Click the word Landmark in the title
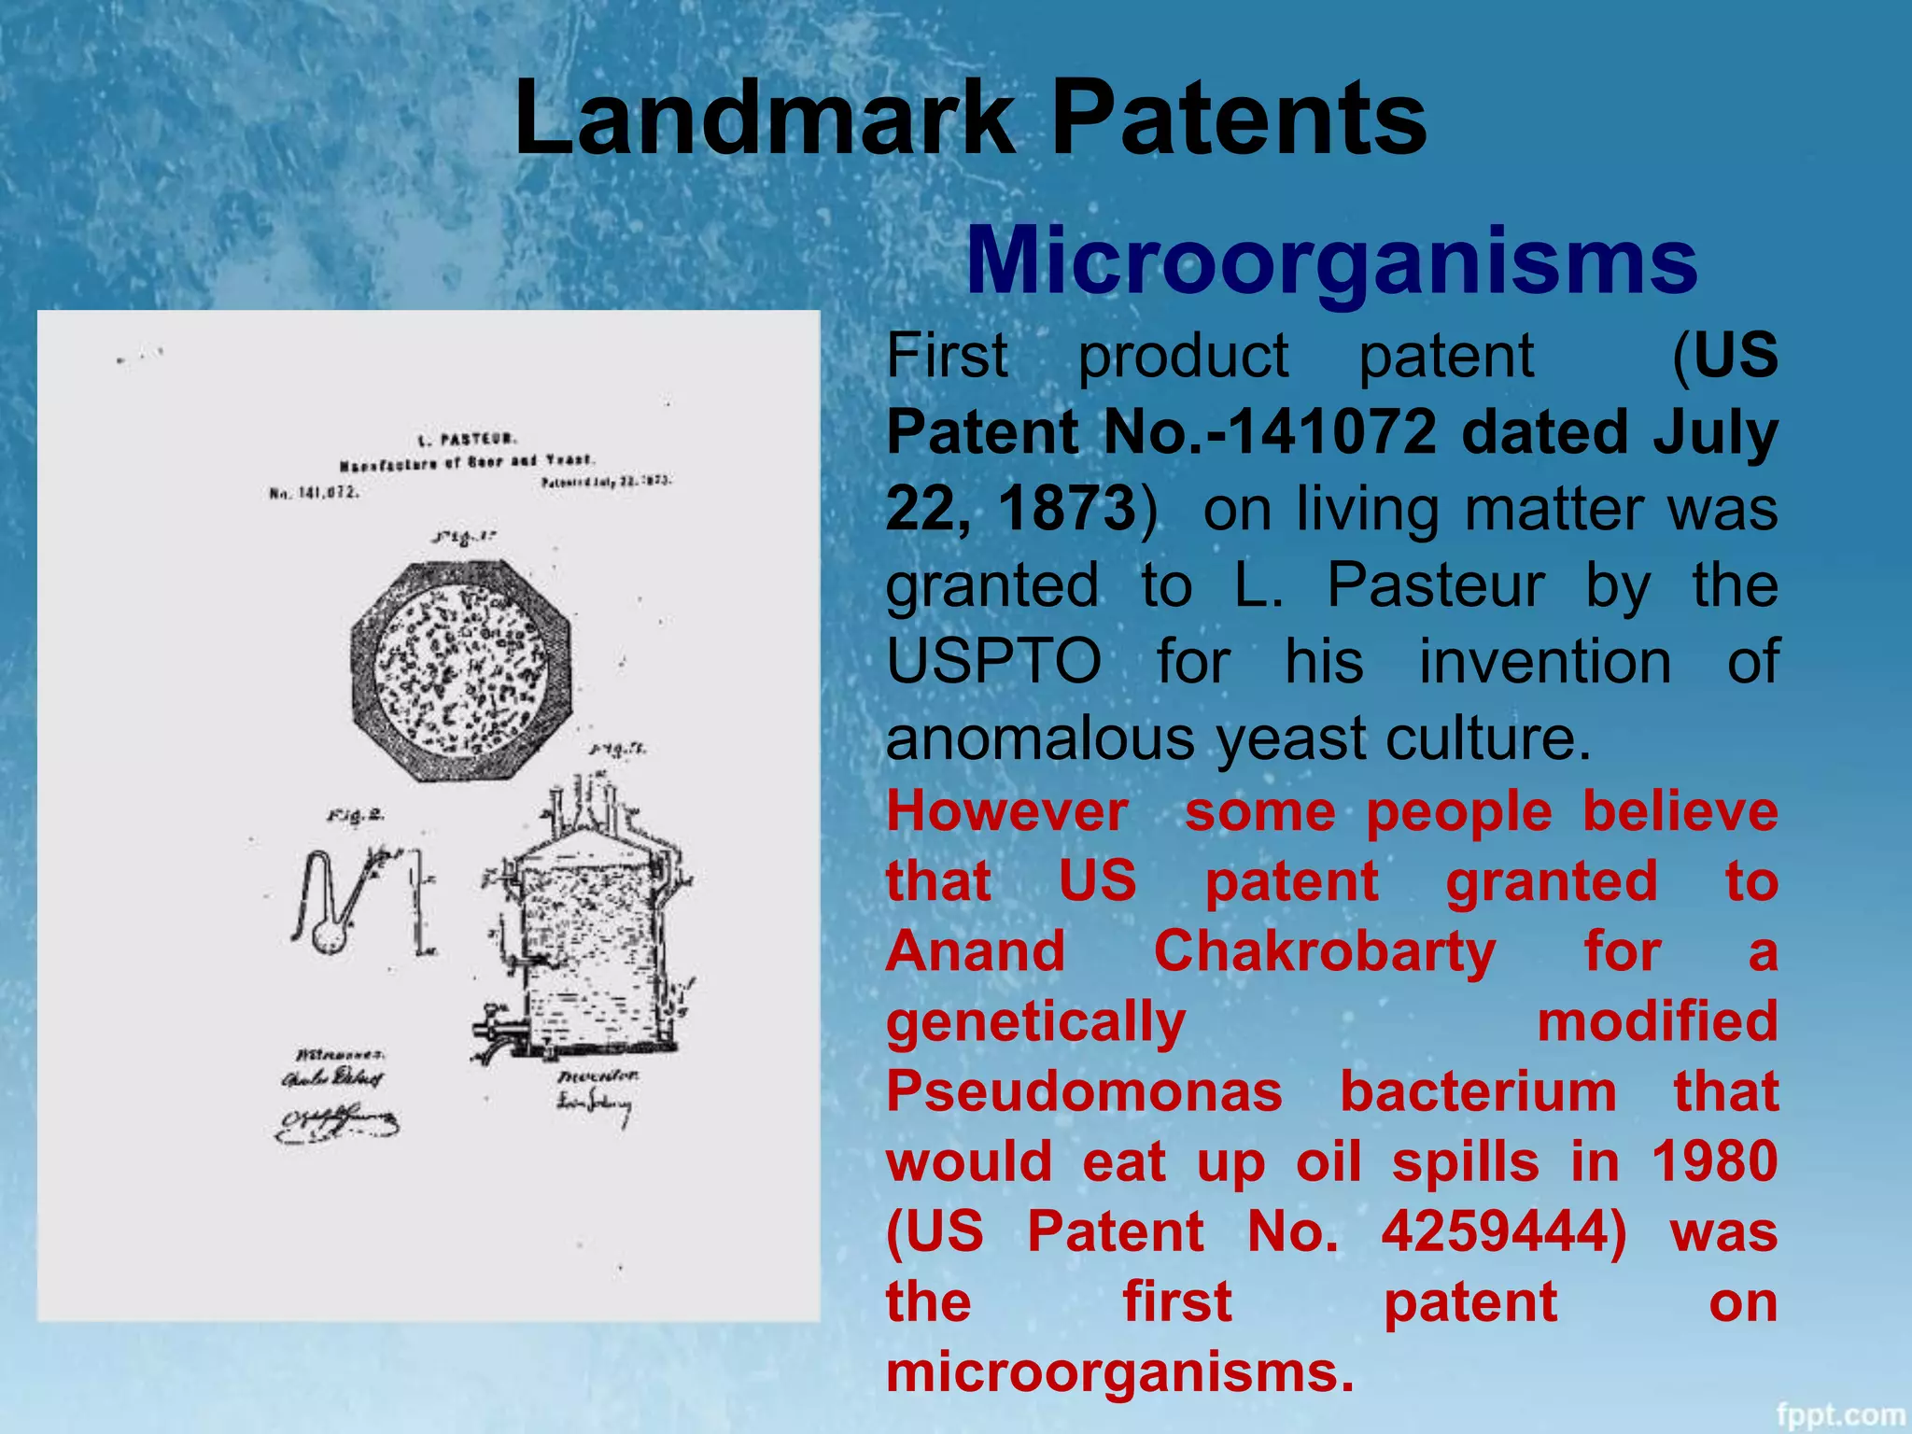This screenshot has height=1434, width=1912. click(x=764, y=119)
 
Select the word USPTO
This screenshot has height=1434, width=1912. click(x=993, y=662)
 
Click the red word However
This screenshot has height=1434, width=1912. click(x=1006, y=811)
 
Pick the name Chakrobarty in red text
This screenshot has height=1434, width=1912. click(x=1324, y=951)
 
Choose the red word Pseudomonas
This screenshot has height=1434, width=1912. click(x=1084, y=1091)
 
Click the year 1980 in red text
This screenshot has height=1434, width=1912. click(x=1714, y=1161)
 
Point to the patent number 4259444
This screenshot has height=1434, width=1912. click(x=1503, y=1231)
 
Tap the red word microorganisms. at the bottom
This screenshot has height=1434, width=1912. click(x=1119, y=1371)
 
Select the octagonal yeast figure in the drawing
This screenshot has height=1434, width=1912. click(x=460, y=669)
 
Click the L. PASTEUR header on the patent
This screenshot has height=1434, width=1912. click(x=467, y=439)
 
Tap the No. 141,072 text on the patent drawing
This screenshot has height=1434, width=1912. click(x=313, y=492)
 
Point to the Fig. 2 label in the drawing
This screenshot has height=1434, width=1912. click(x=355, y=815)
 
